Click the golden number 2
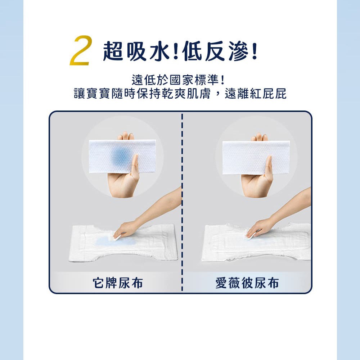tap(81, 50)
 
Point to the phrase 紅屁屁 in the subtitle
tap(268, 94)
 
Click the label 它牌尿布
tap(118, 283)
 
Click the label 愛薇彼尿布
tap(247, 283)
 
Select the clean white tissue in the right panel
tap(256, 158)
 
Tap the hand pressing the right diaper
tap(258, 227)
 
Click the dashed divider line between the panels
tap(182, 202)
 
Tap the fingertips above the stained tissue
tap(126, 136)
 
